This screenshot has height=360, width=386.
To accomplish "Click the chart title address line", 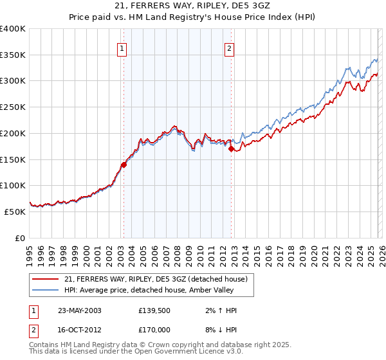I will (x=193, y=6).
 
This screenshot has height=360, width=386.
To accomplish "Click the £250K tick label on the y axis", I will (x=13, y=107).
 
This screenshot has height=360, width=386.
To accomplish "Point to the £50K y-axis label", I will (x=15, y=212).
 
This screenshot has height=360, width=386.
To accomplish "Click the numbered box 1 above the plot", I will (x=122, y=47).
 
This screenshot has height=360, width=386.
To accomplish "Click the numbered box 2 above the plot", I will (x=230, y=47).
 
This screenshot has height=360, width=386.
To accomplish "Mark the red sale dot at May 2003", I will (x=124, y=165).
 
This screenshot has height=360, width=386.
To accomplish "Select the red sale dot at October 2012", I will (x=232, y=149).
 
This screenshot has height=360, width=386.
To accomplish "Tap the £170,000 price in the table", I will (x=156, y=331).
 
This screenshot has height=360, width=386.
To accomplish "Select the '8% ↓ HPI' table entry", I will (x=219, y=331).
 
